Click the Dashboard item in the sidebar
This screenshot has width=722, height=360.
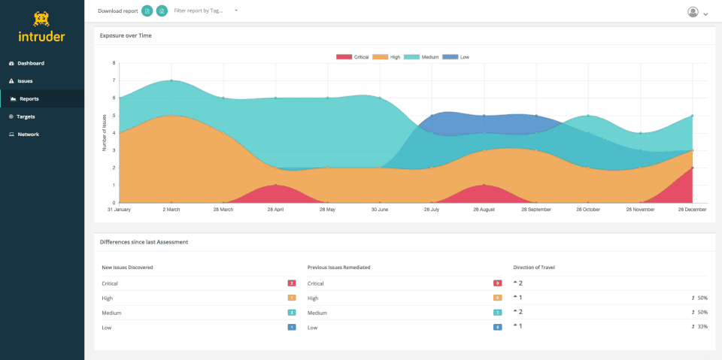tap(30, 63)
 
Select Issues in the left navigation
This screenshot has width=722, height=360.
tap(25, 81)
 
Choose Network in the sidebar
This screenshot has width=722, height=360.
tap(28, 135)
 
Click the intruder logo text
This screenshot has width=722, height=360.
tap(42, 35)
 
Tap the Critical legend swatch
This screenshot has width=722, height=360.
tap(344, 57)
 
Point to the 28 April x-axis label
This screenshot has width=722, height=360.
tap(275, 210)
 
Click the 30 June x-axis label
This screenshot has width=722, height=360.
tap(380, 210)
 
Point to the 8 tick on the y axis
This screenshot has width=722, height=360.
tap(114, 63)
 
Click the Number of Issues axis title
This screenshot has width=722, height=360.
tap(105, 133)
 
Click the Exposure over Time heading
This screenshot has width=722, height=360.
tap(125, 35)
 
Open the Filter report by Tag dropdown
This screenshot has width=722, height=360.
tap(205, 11)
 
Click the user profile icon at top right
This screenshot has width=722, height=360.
tap(693, 12)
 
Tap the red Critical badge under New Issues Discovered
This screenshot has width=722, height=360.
tap(291, 283)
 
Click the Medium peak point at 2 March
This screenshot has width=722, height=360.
tap(171, 80)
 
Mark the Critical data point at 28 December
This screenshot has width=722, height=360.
tap(692, 168)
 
